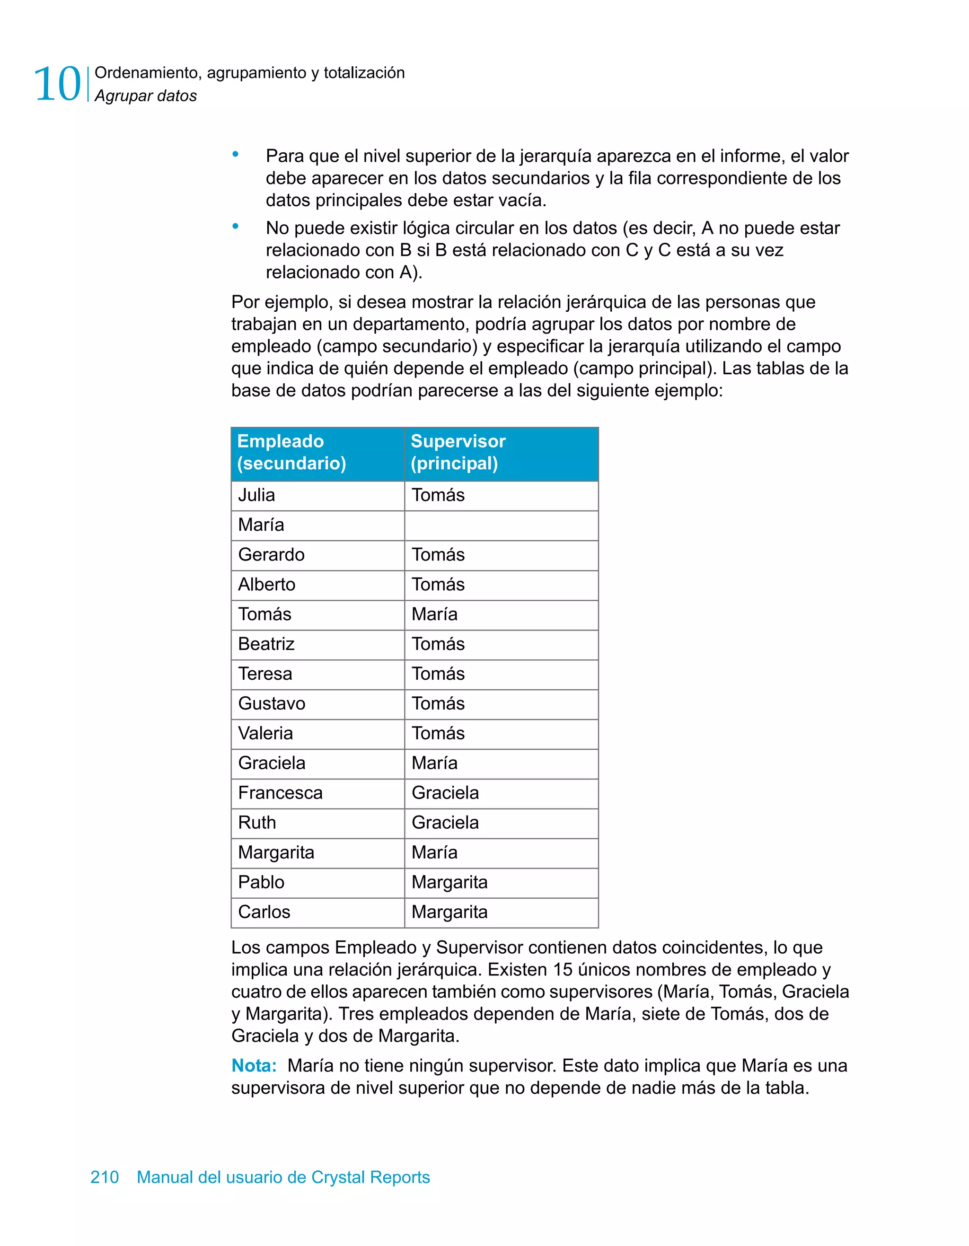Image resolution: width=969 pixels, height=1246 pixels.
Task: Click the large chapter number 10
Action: [57, 84]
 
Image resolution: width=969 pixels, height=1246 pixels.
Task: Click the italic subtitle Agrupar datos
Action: [146, 96]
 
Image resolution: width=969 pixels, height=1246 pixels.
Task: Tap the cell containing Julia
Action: [317, 495]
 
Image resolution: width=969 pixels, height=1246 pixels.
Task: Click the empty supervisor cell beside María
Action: [501, 526]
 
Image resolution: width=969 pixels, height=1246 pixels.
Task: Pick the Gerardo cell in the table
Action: [317, 555]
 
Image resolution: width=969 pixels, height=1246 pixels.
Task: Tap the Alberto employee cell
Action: [317, 585]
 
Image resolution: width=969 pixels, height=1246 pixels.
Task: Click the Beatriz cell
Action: [317, 644]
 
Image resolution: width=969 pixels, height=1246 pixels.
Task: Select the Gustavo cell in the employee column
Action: [317, 703]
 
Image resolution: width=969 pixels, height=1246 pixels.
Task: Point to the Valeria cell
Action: [317, 734]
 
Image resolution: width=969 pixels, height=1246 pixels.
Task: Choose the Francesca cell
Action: [317, 793]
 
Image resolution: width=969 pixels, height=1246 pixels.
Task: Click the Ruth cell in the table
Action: [317, 823]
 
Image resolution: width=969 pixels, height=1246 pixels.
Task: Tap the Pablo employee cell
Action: [317, 883]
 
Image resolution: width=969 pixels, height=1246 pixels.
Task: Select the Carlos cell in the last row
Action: [317, 912]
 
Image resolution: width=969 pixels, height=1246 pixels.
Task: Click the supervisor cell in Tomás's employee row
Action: [501, 614]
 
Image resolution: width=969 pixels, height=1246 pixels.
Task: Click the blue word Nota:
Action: [254, 1066]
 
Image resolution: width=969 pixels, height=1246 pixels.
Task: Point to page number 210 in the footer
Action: [105, 1177]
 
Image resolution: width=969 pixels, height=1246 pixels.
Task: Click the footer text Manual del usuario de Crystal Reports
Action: [283, 1177]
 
